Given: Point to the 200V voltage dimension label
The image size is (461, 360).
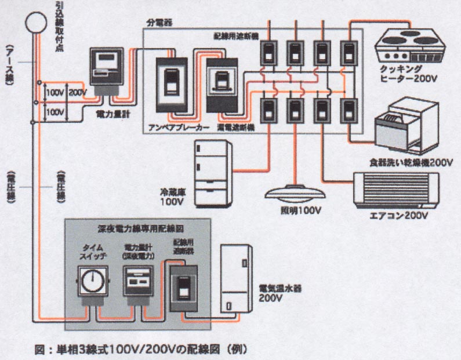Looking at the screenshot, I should tap(77, 92).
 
